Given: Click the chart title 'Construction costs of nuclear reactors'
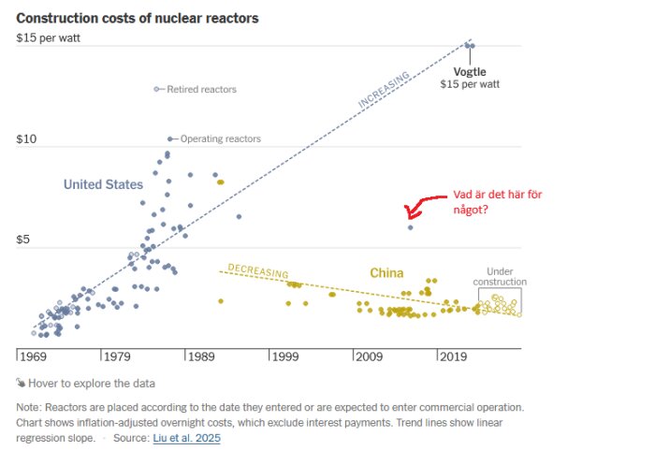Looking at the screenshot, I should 138,19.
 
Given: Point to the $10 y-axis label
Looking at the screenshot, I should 26,140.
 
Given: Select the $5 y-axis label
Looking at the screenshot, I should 25,240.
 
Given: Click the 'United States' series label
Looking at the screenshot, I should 103,184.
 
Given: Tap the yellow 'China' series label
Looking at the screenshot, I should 386,273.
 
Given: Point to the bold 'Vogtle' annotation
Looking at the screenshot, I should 470,71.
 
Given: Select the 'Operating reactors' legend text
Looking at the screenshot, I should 220,139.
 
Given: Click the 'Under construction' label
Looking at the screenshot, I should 500,276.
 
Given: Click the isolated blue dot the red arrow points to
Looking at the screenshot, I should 410,227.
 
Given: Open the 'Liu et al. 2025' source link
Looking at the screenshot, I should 186,438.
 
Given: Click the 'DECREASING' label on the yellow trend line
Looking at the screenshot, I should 257,271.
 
